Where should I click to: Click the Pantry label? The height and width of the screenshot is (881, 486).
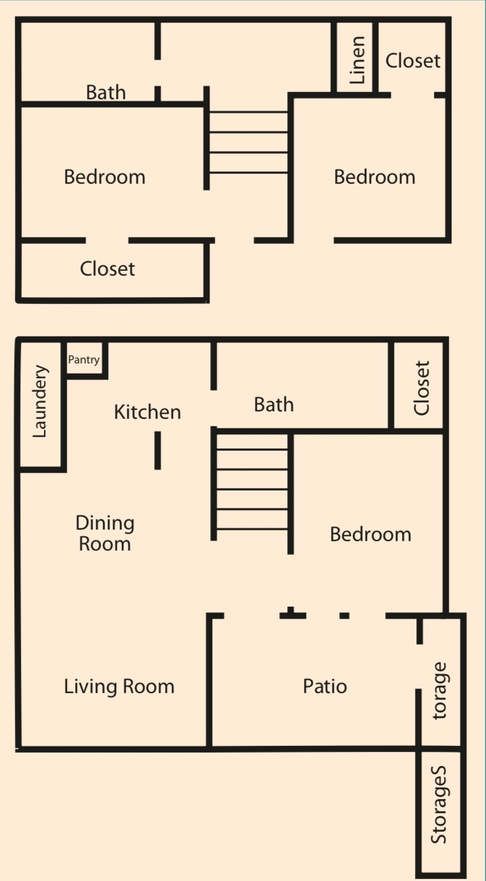point(84,360)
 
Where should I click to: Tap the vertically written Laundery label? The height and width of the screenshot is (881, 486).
point(40,401)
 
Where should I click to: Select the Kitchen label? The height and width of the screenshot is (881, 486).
point(147,412)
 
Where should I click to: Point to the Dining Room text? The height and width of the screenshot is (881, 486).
point(105,533)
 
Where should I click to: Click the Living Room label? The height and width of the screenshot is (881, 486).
point(119,686)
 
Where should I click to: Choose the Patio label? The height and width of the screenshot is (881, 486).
point(324,686)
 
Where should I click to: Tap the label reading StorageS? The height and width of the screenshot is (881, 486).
point(439,805)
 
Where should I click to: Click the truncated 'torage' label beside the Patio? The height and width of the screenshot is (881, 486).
point(439,690)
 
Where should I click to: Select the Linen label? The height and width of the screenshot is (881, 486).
point(357,60)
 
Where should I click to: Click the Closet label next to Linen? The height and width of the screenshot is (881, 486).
point(412,61)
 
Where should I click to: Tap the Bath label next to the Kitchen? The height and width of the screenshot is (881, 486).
point(274,405)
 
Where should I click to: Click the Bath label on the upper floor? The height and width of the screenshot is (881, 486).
point(105,92)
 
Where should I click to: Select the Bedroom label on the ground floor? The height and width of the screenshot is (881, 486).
point(370,534)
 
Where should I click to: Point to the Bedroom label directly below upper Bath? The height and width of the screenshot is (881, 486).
point(105,177)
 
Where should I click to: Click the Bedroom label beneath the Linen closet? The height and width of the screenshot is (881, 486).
point(374,177)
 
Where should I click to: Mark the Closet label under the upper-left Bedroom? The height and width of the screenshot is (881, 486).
point(107,269)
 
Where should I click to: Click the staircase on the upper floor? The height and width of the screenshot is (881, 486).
point(249,143)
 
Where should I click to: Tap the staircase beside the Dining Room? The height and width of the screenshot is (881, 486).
point(253,489)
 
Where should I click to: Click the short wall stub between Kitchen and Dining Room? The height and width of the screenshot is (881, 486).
point(157,451)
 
